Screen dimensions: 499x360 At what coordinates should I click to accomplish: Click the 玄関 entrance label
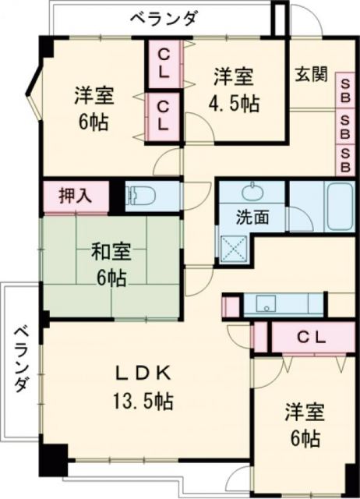[310, 76]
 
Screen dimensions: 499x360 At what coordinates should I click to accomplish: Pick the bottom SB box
[344, 159]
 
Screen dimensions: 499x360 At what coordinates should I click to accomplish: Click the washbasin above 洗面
[252, 192]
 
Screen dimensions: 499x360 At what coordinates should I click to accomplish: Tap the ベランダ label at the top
[164, 18]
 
